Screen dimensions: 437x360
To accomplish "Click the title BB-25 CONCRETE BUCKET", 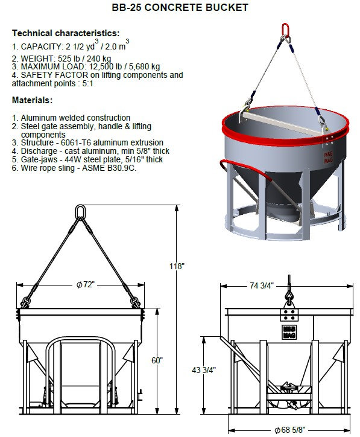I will [180, 8].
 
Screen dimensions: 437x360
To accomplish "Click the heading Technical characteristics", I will [66, 33].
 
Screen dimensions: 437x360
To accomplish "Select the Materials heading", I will [32, 100].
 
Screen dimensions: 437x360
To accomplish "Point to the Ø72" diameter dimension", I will [86, 284].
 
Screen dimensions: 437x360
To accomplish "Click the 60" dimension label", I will [157, 360].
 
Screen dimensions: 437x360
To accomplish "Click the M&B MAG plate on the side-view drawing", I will [289, 331].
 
